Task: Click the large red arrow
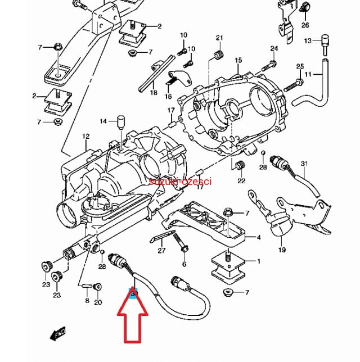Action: coord(132,326)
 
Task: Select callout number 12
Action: coord(85,137)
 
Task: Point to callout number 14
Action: coord(103,121)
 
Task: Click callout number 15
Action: coord(238,60)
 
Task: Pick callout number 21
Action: coord(219,38)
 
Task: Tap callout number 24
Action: coord(274,48)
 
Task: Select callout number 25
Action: coord(300,66)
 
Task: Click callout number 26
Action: coord(305,25)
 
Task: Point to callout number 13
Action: coord(308,41)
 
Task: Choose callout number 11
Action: coord(308,75)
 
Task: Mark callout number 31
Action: coord(304,164)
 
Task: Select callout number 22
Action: coord(241,180)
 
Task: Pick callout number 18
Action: coord(154,93)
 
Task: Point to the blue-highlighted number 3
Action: coord(133,293)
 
